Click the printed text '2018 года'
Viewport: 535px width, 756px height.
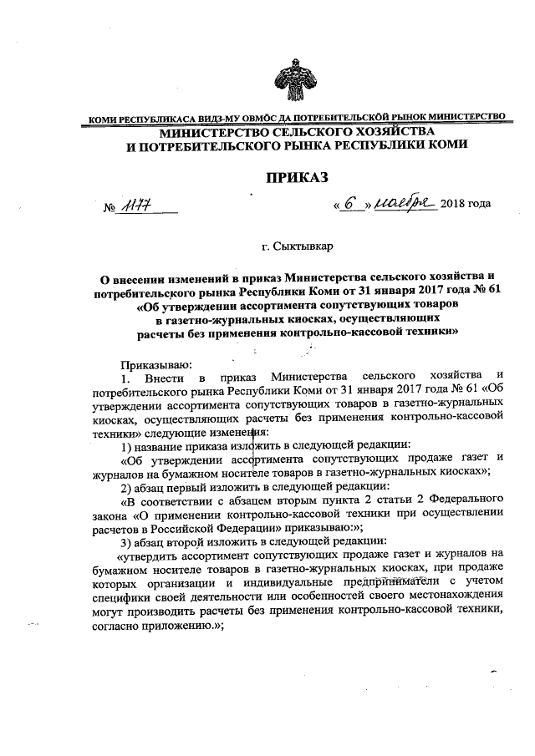466,205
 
